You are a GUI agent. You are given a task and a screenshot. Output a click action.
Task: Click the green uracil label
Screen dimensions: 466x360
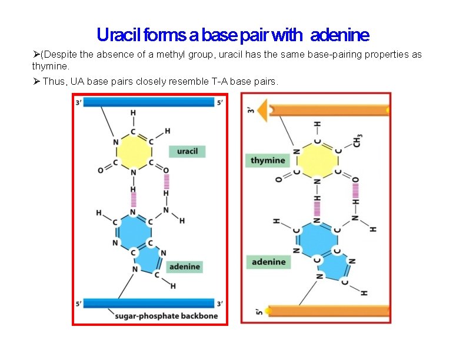187,151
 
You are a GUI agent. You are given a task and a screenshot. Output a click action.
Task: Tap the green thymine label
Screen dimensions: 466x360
268,160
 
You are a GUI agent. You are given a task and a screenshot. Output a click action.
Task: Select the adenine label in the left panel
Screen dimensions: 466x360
184,266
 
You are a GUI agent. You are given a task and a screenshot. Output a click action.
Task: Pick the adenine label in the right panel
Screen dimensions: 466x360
268,262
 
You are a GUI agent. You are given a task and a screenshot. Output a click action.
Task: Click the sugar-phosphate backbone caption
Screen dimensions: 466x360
167,316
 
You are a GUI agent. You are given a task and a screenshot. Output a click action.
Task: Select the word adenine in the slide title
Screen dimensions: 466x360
339,35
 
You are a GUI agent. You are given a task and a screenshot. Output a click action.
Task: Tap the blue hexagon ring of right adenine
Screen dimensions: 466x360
317,236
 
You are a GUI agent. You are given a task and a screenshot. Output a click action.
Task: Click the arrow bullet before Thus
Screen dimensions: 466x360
36,81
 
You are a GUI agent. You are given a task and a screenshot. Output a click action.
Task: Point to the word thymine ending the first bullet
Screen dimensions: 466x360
51,66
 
